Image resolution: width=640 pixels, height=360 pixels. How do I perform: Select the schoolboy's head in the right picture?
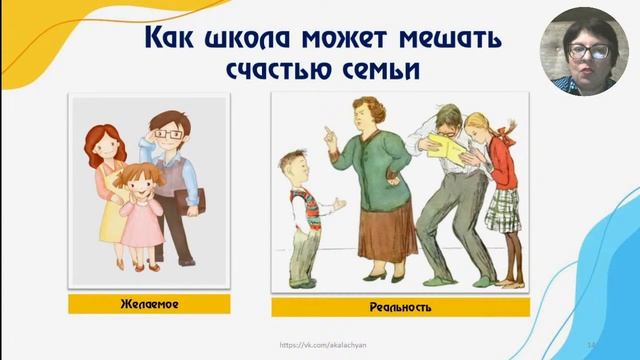click(292, 165)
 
